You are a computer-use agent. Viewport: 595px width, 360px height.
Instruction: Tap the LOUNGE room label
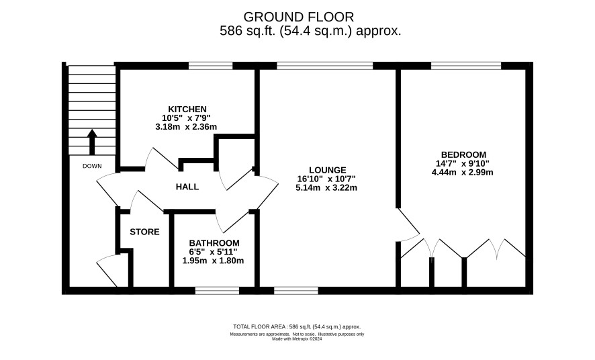[x=328, y=171]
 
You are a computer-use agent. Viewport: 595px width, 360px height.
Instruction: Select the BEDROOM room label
[x=463, y=154]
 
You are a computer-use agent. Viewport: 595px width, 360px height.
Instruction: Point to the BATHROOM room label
[x=214, y=242]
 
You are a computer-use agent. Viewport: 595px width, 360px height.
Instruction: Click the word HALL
[x=187, y=187]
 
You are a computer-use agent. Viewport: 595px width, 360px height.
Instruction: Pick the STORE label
[x=144, y=232]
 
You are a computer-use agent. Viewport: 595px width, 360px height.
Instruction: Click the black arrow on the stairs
[x=92, y=142]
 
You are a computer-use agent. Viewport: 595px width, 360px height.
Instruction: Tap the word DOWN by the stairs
[x=92, y=166]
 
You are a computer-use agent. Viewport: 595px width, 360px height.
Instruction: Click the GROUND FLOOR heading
[x=299, y=17]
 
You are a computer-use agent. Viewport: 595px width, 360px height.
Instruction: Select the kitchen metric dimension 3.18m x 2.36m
[x=186, y=127]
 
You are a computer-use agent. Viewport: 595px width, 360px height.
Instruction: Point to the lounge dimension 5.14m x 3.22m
[x=326, y=187]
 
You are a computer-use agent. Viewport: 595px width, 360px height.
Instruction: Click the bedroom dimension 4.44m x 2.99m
[x=462, y=172]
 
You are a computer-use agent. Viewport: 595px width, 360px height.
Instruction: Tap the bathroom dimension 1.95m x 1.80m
[x=213, y=261]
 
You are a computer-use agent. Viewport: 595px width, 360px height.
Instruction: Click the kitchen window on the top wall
[x=211, y=66]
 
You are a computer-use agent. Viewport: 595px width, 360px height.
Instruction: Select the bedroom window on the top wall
[x=466, y=66]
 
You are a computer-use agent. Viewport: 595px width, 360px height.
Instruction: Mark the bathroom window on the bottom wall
[x=217, y=291]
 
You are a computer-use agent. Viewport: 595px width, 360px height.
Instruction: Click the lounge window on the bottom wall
[x=296, y=291]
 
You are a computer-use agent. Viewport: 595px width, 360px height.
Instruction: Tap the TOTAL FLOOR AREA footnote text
[x=297, y=326]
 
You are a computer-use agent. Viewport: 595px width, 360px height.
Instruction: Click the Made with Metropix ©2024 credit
[x=297, y=339]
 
